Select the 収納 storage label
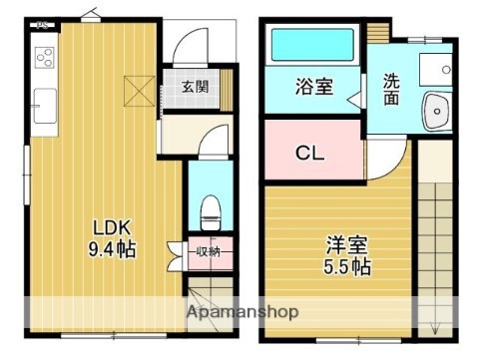[x=208, y=250]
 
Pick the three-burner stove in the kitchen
[x=44, y=57]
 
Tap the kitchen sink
[x=43, y=104]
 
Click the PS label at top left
[x=42, y=24]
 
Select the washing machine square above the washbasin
[x=436, y=66]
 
